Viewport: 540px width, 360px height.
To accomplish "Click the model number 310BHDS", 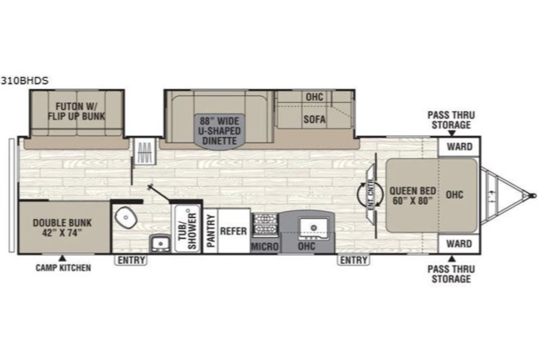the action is [x=24, y=81].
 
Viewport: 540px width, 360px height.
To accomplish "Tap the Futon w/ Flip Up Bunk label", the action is [x=77, y=111].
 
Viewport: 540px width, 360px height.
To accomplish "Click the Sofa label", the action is [x=315, y=119].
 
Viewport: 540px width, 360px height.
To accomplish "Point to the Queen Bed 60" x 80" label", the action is [x=412, y=195].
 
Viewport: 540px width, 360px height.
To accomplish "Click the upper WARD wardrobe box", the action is [x=459, y=147].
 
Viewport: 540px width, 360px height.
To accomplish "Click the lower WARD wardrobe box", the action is [x=459, y=244].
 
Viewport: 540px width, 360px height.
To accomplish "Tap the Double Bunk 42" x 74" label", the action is [x=63, y=228].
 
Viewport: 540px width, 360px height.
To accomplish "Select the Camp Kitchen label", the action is [x=63, y=267].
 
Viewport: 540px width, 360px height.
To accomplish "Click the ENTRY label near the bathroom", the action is [x=131, y=261].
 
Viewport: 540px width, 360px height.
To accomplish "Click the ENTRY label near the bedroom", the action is [x=354, y=261].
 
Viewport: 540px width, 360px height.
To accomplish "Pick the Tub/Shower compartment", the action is [x=187, y=228].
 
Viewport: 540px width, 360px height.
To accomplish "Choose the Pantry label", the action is [x=211, y=231].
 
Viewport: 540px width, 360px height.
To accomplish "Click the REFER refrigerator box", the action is [x=234, y=231].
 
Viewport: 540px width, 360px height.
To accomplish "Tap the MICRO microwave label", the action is [x=265, y=246].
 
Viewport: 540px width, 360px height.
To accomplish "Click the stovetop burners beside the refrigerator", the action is [x=265, y=225].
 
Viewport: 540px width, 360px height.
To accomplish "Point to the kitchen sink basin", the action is [x=313, y=228].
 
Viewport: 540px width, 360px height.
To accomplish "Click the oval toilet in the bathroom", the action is [x=125, y=217].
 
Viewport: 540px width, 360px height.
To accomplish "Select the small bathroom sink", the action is [x=159, y=243].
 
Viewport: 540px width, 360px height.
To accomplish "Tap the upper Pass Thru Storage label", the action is [x=452, y=120].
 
